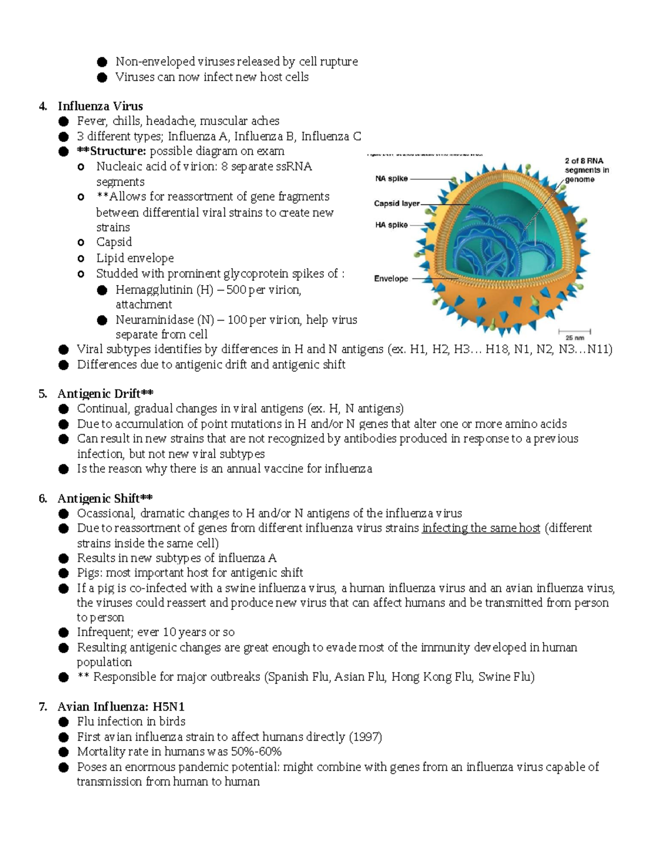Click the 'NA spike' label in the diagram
click(391, 179)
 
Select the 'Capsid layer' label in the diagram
click(397, 204)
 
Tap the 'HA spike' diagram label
click(391, 224)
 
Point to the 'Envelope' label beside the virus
click(391, 278)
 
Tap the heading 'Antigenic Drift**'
click(105, 394)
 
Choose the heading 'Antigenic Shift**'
click(105, 498)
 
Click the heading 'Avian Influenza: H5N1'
click(121, 707)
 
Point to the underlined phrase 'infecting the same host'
click(481, 528)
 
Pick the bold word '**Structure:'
click(111, 151)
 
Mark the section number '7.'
click(43, 707)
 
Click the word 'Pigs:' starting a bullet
click(90, 573)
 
